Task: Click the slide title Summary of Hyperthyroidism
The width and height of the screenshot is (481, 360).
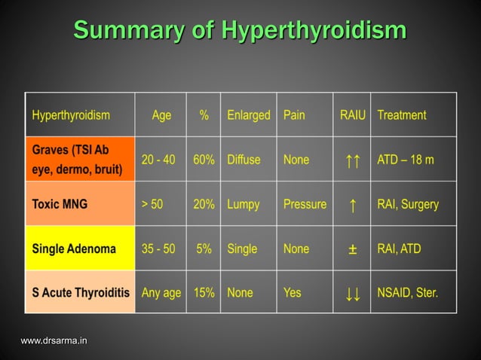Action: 240,31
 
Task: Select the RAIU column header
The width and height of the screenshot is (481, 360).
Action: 352,115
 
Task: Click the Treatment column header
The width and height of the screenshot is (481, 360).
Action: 401,115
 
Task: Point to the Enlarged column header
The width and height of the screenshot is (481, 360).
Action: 248,115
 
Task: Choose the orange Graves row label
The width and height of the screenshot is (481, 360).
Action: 80,159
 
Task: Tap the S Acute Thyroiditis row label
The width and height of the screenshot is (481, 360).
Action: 80,292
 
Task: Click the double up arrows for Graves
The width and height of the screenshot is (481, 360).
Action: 352,160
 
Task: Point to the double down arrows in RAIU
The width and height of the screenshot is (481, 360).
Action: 352,293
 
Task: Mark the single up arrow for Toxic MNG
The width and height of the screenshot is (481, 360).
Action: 352,205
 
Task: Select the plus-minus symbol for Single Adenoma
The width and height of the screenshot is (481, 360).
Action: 352,249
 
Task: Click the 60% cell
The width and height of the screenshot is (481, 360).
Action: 204,160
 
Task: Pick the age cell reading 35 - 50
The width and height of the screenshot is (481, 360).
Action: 158,249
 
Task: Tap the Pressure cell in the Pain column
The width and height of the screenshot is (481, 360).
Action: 305,204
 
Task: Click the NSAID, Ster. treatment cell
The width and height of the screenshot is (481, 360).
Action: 407,292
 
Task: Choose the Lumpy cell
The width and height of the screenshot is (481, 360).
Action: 243,204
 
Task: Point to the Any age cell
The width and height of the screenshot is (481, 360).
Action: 161,292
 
